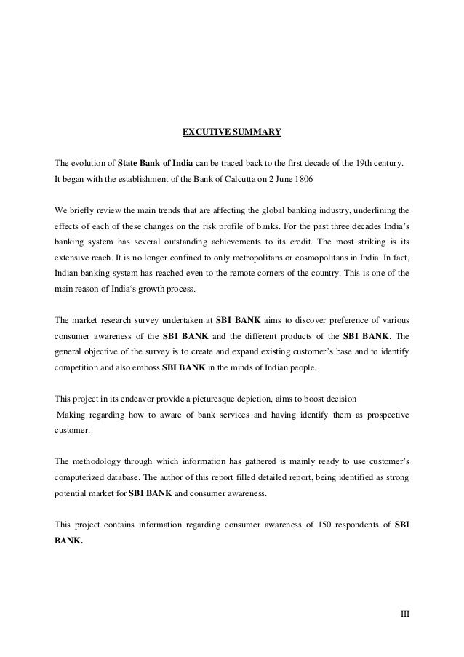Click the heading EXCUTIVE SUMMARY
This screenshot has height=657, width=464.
(x=231, y=132)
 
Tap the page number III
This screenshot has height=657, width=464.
(x=405, y=614)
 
